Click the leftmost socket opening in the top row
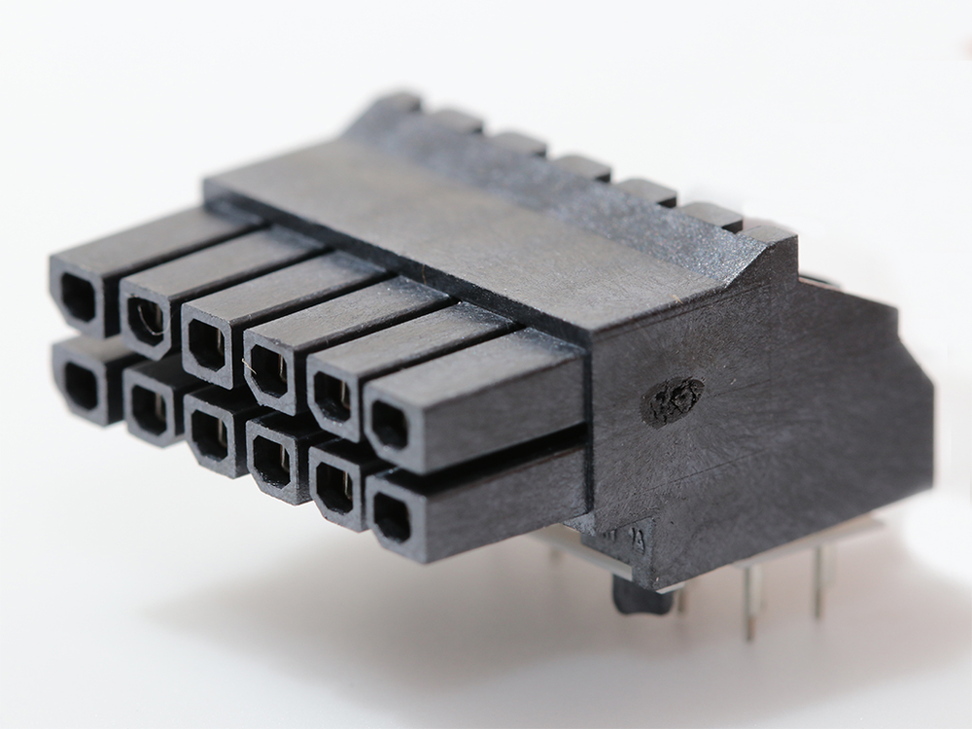click(x=78, y=297)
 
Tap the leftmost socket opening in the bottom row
click(x=80, y=385)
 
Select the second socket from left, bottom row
click(x=148, y=409)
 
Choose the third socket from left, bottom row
click(x=209, y=435)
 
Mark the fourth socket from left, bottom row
click(x=271, y=462)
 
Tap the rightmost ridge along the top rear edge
click(x=768, y=232)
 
